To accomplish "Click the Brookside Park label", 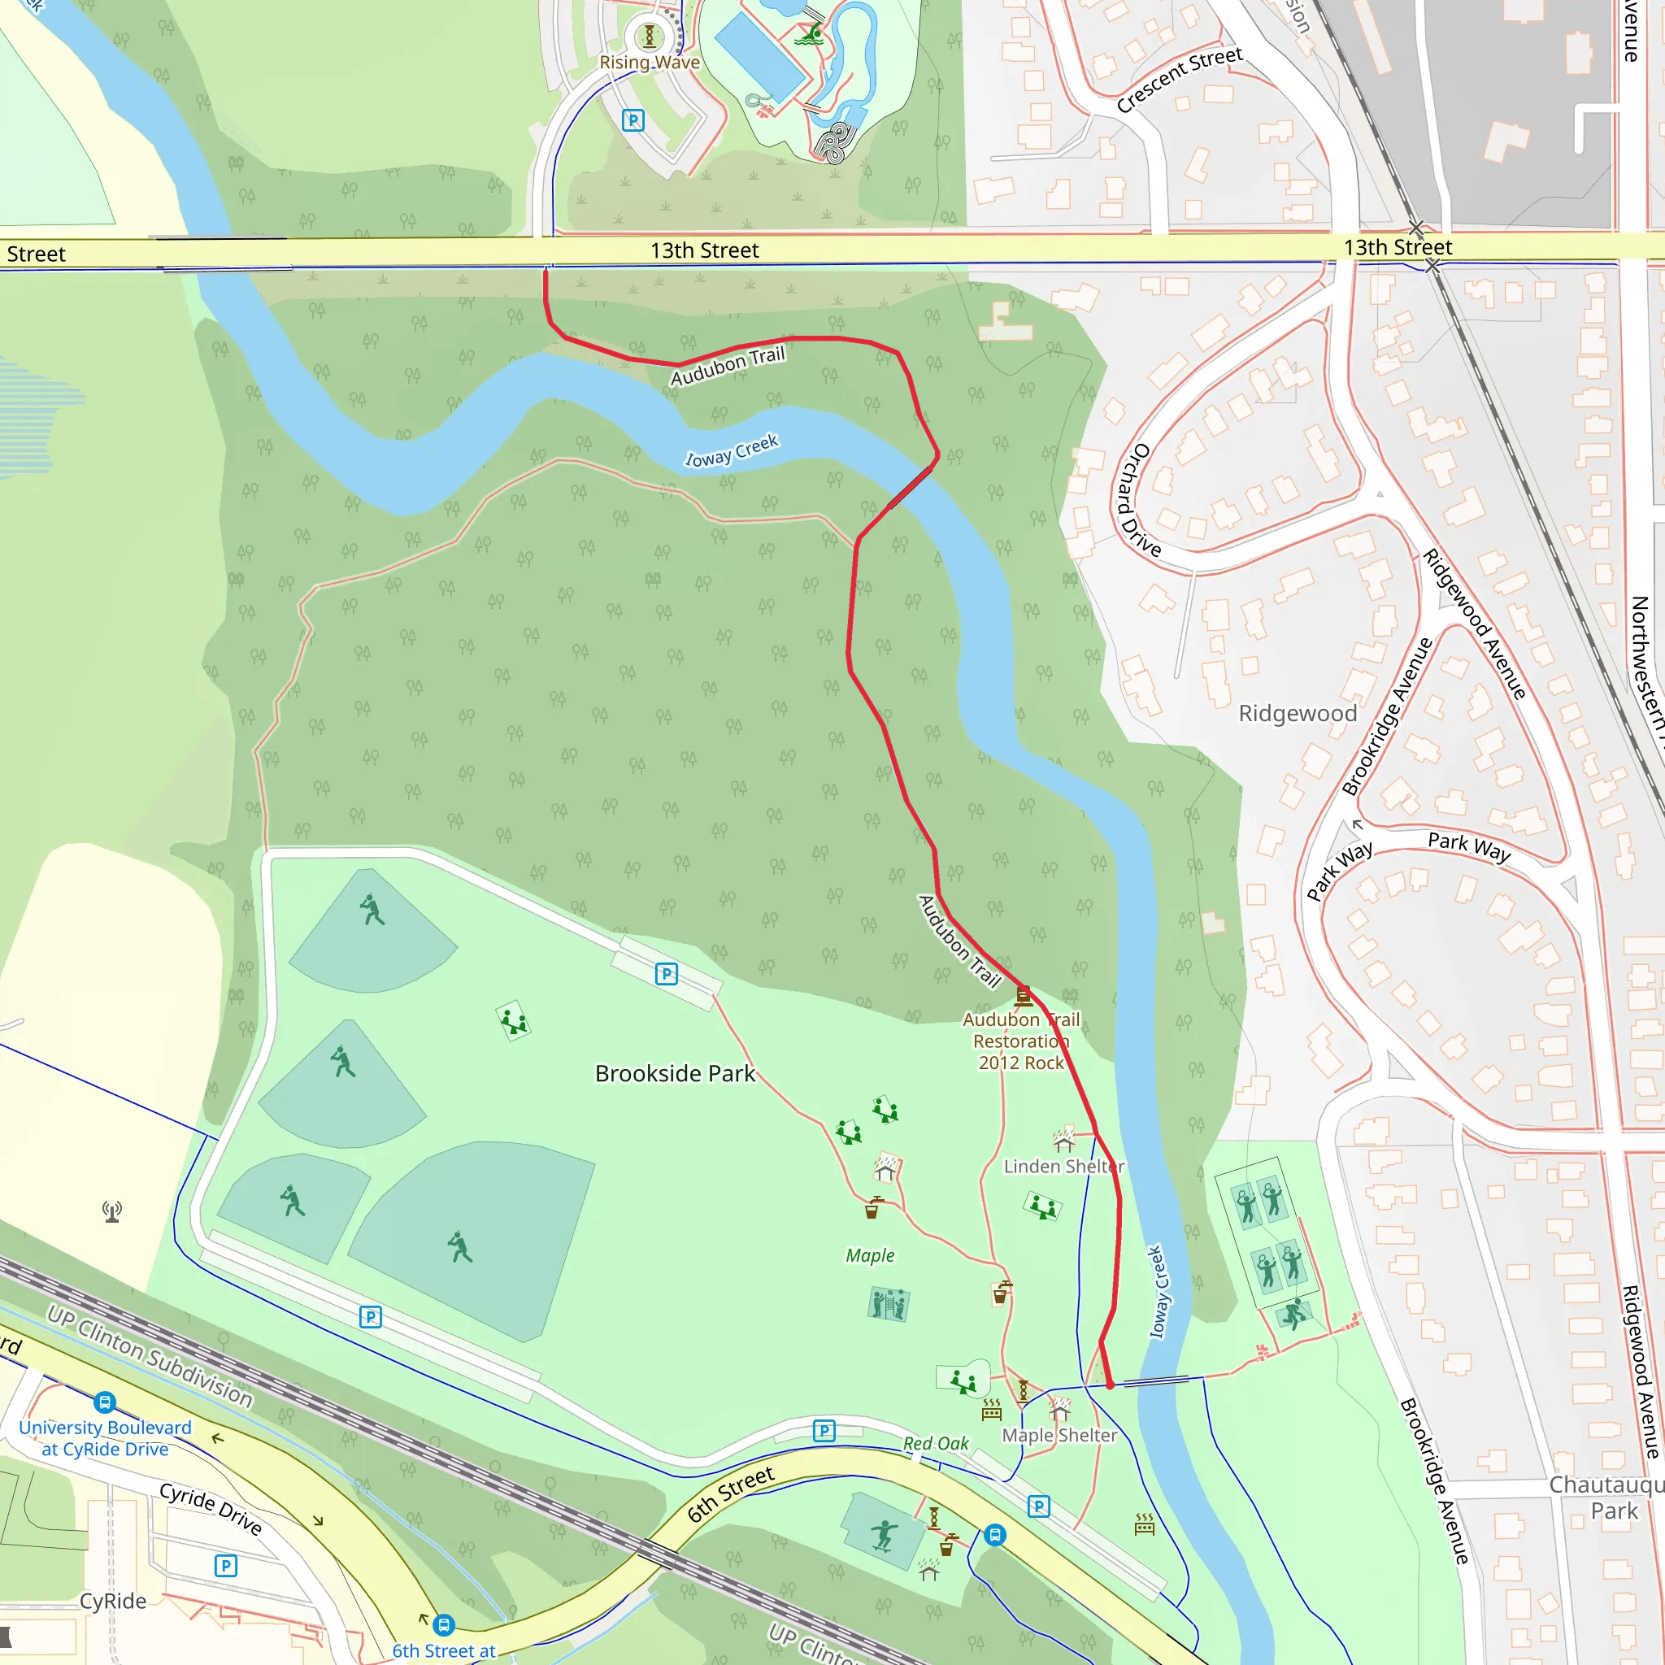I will (675, 1074).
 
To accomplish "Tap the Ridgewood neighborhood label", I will (1297, 714).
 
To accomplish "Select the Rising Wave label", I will (650, 62).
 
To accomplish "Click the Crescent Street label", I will (1179, 80).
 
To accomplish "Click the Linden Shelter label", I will (1064, 1167).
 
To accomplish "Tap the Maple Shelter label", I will (1059, 1436).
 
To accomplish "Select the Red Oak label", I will (936, 1444).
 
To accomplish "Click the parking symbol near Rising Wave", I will (633, 120).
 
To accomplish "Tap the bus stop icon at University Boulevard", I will (105, 1402).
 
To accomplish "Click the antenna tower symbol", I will (112, 1211).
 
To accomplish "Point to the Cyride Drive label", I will (211, 1509).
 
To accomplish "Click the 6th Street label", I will (731, 1495).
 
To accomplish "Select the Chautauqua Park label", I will (1607, 1498).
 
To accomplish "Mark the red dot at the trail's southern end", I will (1110, 1385).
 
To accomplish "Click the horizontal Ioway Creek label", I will (732, 450).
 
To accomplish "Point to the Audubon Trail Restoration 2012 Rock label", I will (1021, 1041).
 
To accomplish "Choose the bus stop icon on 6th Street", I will (994, 1535).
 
